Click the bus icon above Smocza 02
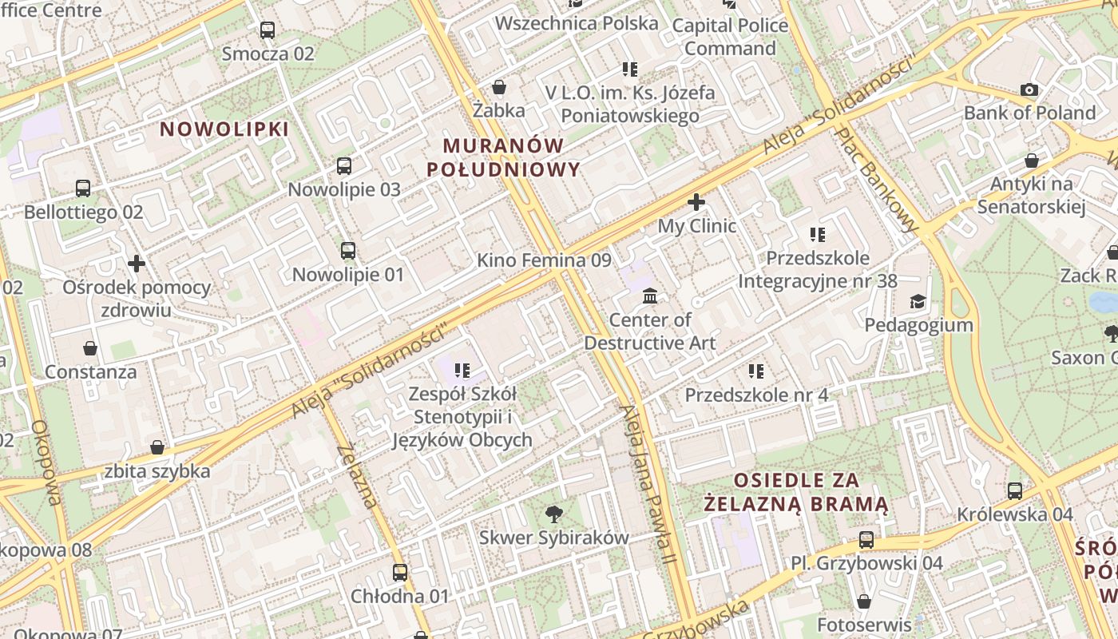point(268,30)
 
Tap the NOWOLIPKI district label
point(224,129)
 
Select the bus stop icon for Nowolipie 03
point(344,166)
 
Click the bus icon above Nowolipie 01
point(348,251)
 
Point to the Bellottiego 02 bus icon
point(83,189)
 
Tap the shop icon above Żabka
point(499,86)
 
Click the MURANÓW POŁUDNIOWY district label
point(503,157)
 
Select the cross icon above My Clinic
point(696,202)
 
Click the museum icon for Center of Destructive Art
point(650,296)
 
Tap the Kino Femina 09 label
point(544,260)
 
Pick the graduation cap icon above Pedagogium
point(918,301)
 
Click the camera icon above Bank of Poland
point(1029,89)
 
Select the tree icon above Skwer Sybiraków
point(553,514)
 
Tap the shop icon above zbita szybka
point(157,447)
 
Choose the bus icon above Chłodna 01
point(400,573)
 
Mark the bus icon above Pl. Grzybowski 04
point(866,540)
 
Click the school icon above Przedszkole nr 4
point(756,371)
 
